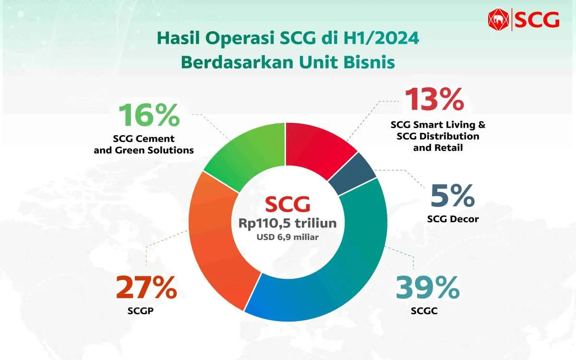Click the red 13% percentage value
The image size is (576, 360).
click(x=434, y=100)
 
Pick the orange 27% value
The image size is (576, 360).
click(x=146, y=288)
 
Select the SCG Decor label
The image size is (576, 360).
click(x=453, y=219)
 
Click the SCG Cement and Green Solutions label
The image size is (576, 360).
click(x=154, y=144)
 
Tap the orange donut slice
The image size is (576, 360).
click(x=216, y=240)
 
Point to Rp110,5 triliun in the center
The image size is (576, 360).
click(x=288, y=224)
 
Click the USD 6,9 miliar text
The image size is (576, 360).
click(x=288, y=237)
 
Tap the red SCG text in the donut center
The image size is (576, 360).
click(x=288, y=205)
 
